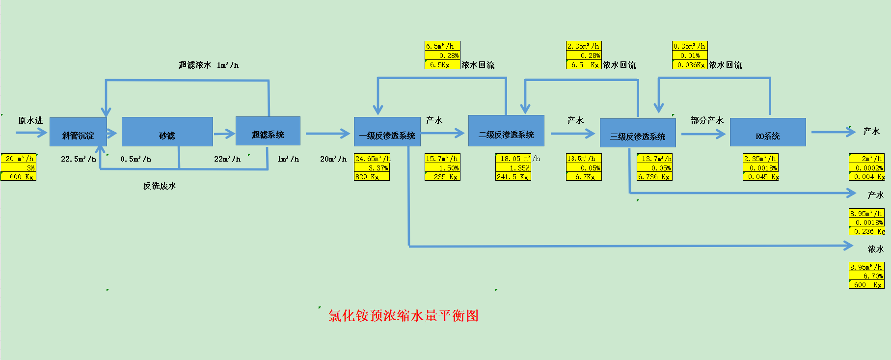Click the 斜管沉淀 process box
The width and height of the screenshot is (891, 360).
point(78,132)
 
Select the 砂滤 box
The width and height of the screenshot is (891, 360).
point(167,132)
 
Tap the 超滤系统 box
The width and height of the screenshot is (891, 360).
point(268,131)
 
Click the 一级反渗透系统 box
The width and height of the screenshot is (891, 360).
point(387,132)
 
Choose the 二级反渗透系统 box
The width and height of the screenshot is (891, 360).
point(506,131)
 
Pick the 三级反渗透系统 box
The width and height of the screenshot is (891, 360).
point(638,133)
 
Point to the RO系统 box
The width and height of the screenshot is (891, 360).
point(768,132)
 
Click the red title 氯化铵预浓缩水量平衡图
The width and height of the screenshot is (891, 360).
point(404,315)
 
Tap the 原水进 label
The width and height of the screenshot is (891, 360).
point(30,120)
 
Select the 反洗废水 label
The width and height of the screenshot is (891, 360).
point(160,186)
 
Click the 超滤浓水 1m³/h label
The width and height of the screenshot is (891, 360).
point(209,65)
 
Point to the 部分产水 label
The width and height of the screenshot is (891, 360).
point(707,120)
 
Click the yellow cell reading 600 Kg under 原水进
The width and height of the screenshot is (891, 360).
point(19,177)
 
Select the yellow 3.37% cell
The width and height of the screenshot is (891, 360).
point(372,168)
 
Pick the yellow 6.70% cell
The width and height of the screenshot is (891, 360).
point(867,276)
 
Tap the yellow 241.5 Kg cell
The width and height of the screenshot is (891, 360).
point(513,177)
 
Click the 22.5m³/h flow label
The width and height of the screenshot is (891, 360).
point(79,159)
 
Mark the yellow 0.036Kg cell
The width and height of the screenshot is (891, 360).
point(690,65)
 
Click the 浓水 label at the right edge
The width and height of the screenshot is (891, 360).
point(875,249)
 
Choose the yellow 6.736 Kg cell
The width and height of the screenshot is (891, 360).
point(654,177)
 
